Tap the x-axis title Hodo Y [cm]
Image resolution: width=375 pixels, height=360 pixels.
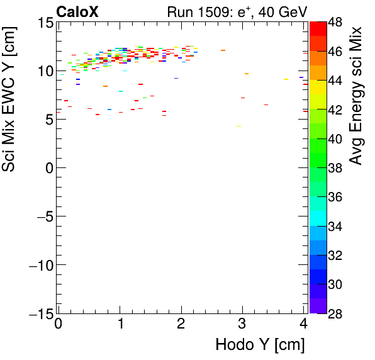[260, 345]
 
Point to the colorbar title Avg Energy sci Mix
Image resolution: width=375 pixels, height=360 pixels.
[357, 94]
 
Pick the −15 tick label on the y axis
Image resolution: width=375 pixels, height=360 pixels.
[40, 313]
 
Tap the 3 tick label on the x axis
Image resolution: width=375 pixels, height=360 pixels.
[242, 325]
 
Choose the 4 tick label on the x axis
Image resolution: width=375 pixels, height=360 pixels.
[303, 325]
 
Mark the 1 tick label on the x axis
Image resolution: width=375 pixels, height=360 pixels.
[120, 325]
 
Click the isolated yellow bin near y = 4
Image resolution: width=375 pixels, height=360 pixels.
[238, 127]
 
